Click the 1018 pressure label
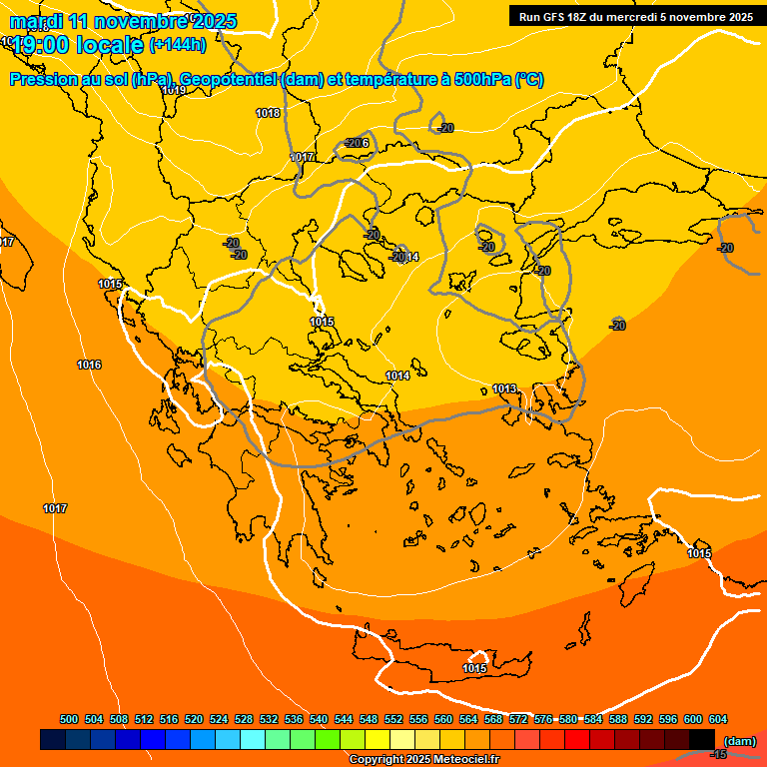coord(268,113)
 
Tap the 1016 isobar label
coord(89,365)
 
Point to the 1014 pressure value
coord(397,376)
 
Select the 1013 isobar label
coord(504,388)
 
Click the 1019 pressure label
coord(174,90)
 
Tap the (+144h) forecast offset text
coord(178,44)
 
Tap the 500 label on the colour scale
coord(69,719)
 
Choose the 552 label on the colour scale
coord(393,719)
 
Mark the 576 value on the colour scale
coord(543,719)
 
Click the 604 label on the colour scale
coord(718,719)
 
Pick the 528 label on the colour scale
coord(244,719)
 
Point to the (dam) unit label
coord(739,740)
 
